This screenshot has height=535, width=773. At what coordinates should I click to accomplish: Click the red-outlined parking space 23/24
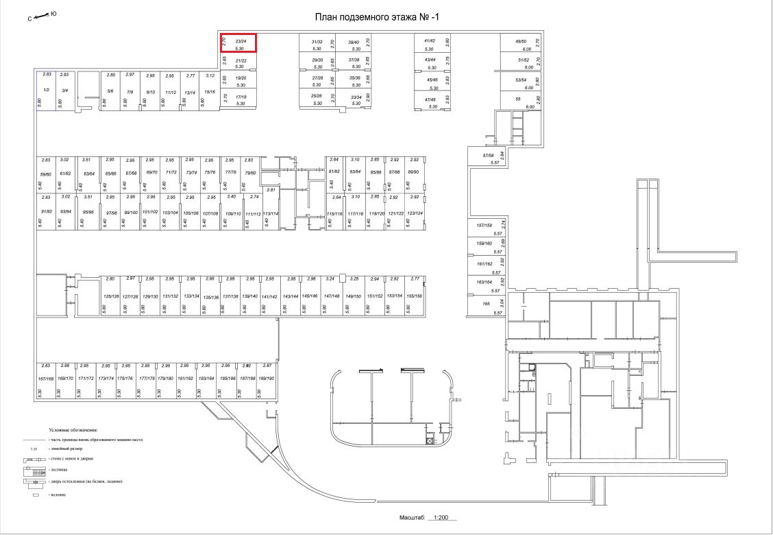(238, 43)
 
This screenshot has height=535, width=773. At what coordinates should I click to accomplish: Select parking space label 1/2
(46, 91)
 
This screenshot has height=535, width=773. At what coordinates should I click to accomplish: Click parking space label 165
(486, 303)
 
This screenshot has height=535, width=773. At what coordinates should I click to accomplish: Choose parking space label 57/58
(488, 156)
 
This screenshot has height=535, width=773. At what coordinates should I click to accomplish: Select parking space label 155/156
(414, 296)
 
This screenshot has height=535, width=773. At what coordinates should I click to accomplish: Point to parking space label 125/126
(111, 296)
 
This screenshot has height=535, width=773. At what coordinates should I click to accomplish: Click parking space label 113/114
(271, 213)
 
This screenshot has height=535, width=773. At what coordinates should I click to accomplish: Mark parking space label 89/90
(413, 171)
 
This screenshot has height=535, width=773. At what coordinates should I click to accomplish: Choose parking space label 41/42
(430, 41)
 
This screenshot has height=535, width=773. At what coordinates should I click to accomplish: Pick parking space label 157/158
(484, 225)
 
